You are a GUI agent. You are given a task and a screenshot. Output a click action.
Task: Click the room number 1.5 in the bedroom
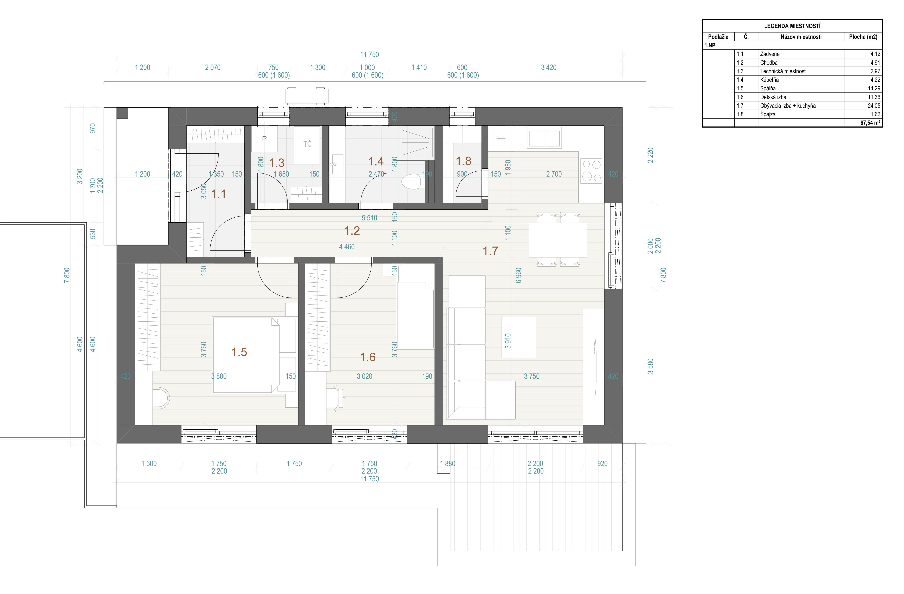(239, 352)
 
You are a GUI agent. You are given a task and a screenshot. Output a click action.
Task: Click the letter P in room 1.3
(264, 139)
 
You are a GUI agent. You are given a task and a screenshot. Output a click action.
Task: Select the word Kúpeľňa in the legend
(770, 80)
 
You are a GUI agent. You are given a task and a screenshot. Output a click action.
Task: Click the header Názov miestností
(801, 37)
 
